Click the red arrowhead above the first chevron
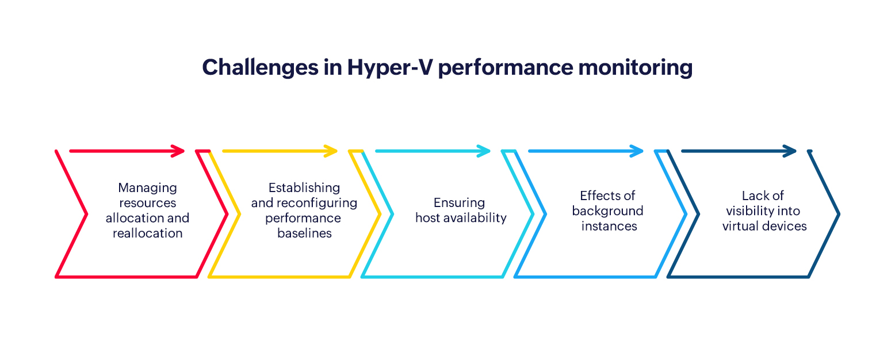pyautogui.click(x=178, y=151)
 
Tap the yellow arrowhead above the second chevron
pyautogui.click(x=331, y=151)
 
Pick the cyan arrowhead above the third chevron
pyautogui.click(x=484, y=151)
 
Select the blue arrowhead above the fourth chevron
pyautogui.click(x=637, y=151)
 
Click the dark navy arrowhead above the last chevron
pyautogui.click(x=790, y=151)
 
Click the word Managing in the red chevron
pyautogui.click(x=147, y=188)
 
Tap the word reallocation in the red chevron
pyautogui.click(x=147, y=233)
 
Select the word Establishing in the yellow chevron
pyautogui.click(x=304, y=188)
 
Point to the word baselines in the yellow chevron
pyautogui.click(x=304, y=233)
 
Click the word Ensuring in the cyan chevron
pyautogui.click(x=459, y=203)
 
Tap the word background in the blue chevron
pyautogui.click(x=607, y=211)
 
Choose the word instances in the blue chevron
pyautogui.click(x=609, y=226)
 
